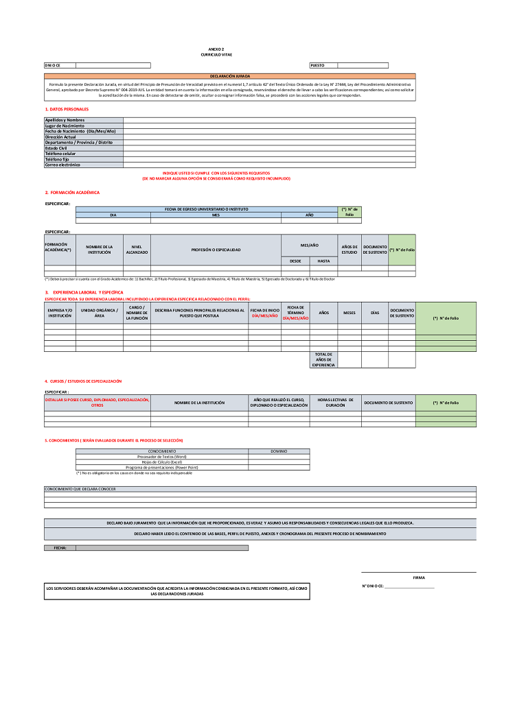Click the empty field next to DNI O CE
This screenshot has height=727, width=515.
tap(113, 65)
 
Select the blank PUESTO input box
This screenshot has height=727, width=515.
tap(363, 65)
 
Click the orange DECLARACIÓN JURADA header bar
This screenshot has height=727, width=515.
tap(230, 76)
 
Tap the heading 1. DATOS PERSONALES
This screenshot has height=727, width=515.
tap(67, 109)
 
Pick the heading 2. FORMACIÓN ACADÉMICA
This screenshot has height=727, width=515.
tap(72, 193)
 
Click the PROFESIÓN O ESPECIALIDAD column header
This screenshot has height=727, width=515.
tap(216, 250)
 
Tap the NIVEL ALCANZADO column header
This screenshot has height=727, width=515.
tap(137, 250)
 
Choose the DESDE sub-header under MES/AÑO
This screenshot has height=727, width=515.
tap(295, 261)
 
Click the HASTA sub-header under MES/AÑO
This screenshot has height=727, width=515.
tap(323, 261)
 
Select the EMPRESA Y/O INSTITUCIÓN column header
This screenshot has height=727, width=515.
tap(60, 313)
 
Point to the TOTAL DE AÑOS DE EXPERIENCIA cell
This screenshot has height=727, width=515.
tap(323, 360)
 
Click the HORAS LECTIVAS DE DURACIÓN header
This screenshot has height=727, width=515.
tap(335, 403)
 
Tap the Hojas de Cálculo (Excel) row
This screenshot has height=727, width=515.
tap(162, 462)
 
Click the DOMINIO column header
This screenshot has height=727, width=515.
tap(279, 451)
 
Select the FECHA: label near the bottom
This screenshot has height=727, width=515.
tap(60, 548)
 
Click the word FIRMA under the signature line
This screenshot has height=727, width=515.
tap(419, 577)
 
